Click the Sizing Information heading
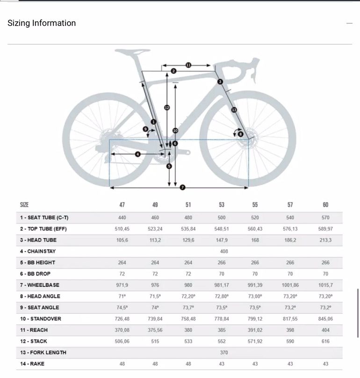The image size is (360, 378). (42, 23)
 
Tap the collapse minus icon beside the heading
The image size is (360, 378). (349, 23)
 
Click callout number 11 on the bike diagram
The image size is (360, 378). (188, 65)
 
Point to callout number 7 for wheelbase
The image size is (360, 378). (183, 187)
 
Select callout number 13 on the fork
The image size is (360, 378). (234, 109)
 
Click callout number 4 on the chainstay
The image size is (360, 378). (137, 154)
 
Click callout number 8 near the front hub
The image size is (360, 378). (240, 134)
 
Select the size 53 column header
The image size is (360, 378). (222, 205)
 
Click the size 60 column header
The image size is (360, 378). (325, 205)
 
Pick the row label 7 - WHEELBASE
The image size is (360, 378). (40, 285)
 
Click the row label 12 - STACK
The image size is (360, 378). (34, 341)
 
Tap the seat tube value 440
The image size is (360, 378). (122, 218)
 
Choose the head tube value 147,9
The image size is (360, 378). (221, 240)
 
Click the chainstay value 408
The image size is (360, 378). (224, 251)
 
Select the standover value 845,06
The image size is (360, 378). (325, 319)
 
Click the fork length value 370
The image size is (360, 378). (224, 352)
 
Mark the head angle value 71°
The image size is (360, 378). (122, 296)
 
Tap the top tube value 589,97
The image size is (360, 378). (325, 229)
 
